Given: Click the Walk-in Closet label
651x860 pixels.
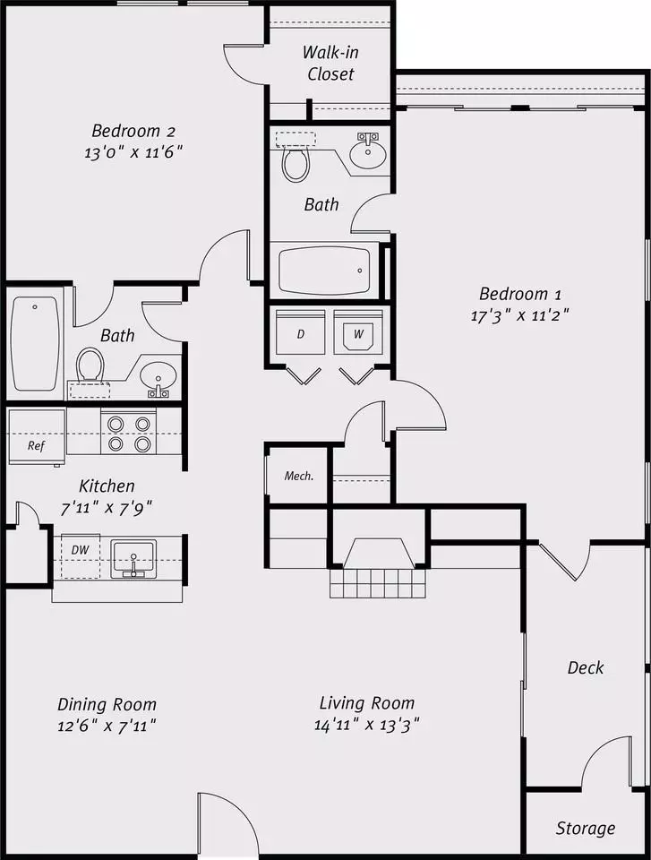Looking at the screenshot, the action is click(x=330, y=63).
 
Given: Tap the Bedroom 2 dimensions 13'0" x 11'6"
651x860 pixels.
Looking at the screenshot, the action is click(x=133, y=152).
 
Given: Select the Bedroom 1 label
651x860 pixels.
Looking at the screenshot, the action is click(x=520, y=294).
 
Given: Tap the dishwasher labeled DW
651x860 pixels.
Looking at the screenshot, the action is click(x=81, y=556).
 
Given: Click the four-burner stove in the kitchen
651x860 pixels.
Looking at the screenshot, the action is click(x=129, y=433).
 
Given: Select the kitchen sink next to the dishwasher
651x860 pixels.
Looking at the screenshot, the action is click(x=133, y=559).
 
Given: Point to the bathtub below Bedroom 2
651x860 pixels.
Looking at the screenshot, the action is click(x=35, y=344).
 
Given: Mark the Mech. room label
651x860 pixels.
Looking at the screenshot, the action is click(x=299, y=476).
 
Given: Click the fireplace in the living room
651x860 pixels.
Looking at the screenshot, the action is click(x=378, y=568).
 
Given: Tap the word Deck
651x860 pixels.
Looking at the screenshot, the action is click(x=586, y=667).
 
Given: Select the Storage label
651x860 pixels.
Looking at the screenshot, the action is click(x=586, y=828).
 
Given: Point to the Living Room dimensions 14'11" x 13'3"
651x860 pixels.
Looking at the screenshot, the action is click(x=367, y=725).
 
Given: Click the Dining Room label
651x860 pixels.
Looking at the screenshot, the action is click(x=107, y=704).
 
